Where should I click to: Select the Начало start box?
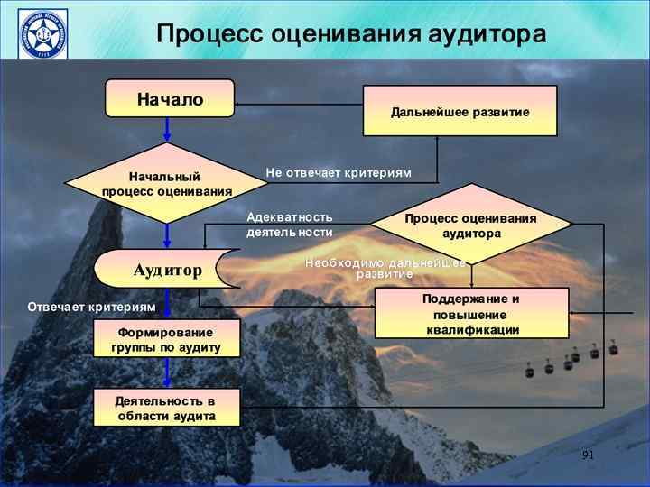click(x=170, y=98)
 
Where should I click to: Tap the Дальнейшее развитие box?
click(x=460, y=111)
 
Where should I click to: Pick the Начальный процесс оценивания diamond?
click(x=167, y=183)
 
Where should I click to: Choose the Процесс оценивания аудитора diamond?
click(x=470, y=225)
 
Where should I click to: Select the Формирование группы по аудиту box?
click(x=167, y=339)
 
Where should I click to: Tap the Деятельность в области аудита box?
click(x=167, y=408)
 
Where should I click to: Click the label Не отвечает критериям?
click(x=338, y=172)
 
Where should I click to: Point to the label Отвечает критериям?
click(x=91, y=308)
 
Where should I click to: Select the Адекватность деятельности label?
click(x=290, y=225)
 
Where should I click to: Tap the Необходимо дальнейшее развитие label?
click(x=385, y=267)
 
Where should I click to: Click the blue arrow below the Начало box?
click(x=167, y=130)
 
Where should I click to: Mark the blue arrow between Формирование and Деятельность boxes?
click(x=167, y=373)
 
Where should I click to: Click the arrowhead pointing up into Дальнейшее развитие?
click(x=437, y=141)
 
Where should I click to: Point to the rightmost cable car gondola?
click(x=613, y=347)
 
